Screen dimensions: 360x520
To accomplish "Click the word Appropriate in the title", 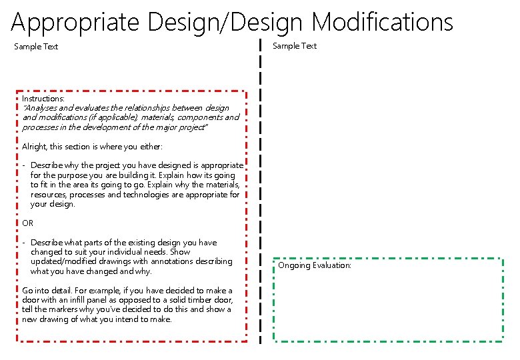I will (76, 23).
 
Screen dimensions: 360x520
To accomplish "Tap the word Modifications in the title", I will (382, 23).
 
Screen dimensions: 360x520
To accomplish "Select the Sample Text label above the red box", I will (36, 47).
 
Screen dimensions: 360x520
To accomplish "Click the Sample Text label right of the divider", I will (295, 46).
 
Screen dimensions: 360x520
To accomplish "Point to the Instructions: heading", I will (43, 98).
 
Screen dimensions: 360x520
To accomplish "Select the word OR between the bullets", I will (27, 223).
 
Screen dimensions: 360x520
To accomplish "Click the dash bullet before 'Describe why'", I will (23, 165).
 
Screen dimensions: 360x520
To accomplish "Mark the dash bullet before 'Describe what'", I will (23, 243).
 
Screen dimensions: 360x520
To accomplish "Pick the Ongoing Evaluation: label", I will (315, 265).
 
